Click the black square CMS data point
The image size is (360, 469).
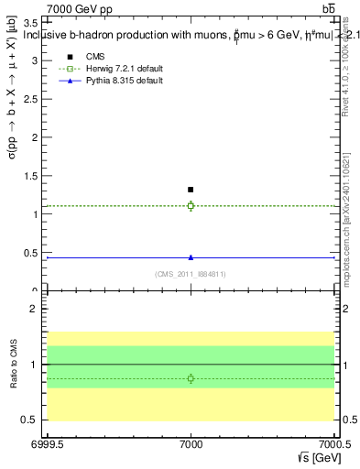191,190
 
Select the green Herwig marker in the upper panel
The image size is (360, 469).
191,205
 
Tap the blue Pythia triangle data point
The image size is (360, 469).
191,257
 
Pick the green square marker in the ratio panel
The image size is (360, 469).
191,378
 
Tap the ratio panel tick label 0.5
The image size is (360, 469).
33,420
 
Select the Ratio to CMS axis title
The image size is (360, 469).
14,364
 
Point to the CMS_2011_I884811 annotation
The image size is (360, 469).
191,273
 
